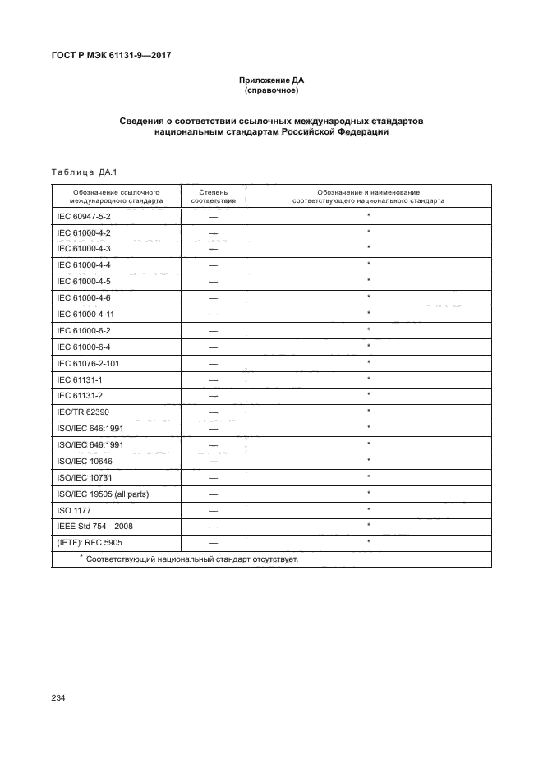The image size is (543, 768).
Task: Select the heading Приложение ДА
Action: [x=271, y=80]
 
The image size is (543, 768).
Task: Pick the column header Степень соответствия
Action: [x=214, y=195]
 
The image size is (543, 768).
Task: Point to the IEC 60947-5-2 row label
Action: [x=84, y=215]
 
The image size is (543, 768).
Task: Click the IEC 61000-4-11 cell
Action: [x=85, y=313]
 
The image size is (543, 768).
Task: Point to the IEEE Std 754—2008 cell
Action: [x=90, y=526]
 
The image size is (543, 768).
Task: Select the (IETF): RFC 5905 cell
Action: [x=89, y=542]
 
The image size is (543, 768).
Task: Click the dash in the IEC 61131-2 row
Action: [x=214, y=395]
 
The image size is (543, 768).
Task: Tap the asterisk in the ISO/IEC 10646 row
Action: [x=369, y=460]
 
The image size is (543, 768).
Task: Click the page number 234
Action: [x=58, y=698]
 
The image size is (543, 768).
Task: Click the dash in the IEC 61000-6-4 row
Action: [x=214, y=346]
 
